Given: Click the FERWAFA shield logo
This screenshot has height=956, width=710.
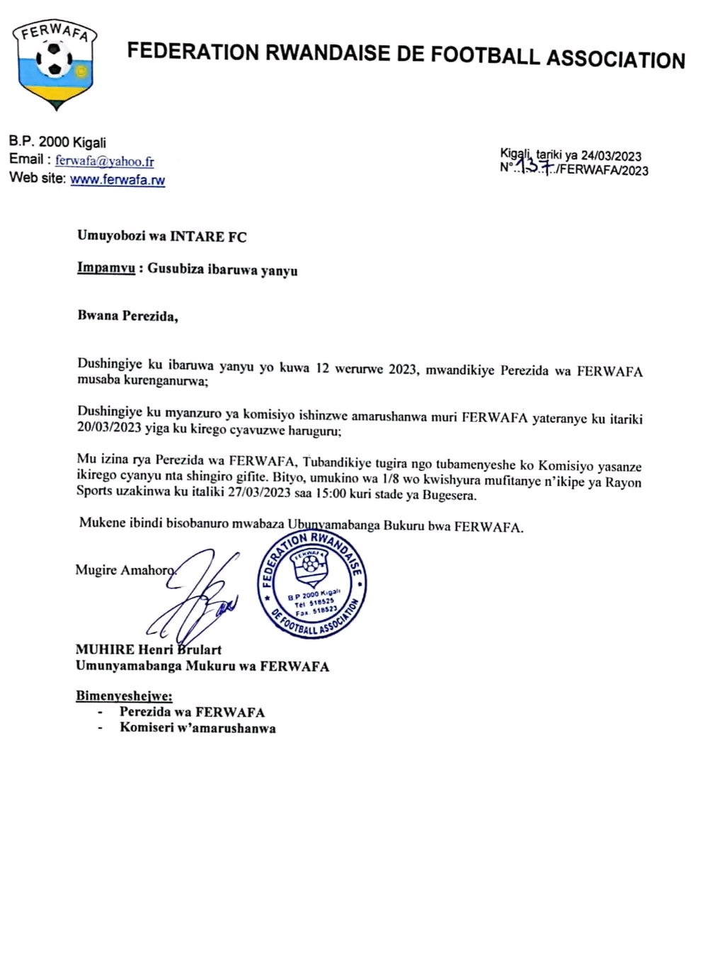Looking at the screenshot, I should tap(55, 64).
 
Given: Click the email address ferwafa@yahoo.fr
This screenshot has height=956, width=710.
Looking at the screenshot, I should tap(104, 161).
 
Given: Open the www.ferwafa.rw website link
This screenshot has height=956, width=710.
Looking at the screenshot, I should tap(118, 180).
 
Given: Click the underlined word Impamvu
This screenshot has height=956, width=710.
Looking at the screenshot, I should tap(105, 270).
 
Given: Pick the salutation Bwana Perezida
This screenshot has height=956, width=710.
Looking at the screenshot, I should tap(127, 316).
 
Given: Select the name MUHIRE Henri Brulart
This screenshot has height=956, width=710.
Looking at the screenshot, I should tap(149, 649).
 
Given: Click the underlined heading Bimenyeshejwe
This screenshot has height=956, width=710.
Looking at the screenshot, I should tap(124, 696).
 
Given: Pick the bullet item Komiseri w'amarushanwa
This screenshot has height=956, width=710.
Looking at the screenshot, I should tap(197, 728).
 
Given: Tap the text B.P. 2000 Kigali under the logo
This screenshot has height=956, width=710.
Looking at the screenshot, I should tap(57, 142).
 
